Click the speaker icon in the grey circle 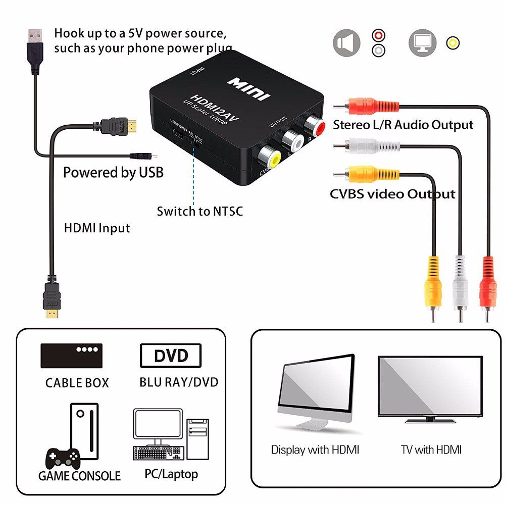coord(346,43)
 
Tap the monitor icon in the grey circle coord(422,43)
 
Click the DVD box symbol coord(171,356)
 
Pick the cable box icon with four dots coord(71,356)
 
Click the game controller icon coord(63,458)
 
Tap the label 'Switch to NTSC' coord(199,211)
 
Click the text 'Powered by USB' coord(113,173)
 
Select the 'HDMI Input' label coord(97,228)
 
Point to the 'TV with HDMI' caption coord(431,449)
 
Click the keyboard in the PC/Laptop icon coord(157,453)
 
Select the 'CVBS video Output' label coord(392,194)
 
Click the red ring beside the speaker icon coord(378,35)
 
